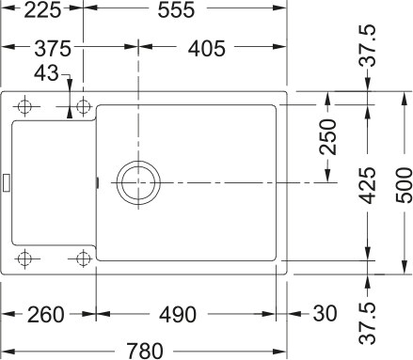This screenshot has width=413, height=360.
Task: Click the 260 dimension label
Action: point(40,313)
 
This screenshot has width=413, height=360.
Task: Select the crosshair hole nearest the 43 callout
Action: point(82,105)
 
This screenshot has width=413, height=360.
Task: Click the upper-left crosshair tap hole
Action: point(25,105)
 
